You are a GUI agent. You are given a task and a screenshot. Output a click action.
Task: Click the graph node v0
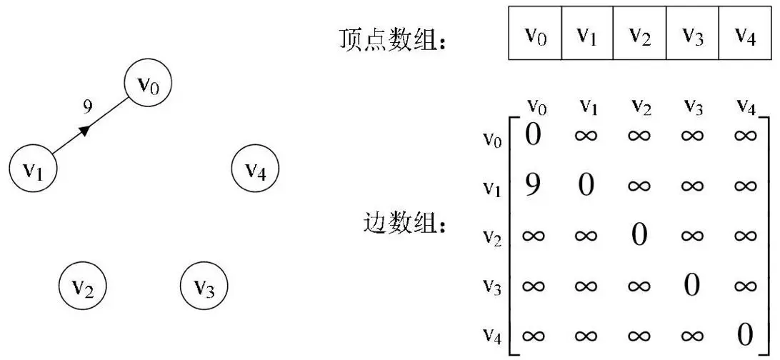coord(149,86)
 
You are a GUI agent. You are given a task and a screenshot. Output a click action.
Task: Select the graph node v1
coord(33,169)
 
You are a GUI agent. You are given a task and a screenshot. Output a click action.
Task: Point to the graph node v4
coord(256,169)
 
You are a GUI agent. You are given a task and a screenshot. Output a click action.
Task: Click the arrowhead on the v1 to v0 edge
coord(85,130)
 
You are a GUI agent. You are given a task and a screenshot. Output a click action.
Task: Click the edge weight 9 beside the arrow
coord(87,107)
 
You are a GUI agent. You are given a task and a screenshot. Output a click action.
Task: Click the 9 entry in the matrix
coord(531,186)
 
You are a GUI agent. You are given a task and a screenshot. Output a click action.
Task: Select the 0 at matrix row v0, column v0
coord(533,135)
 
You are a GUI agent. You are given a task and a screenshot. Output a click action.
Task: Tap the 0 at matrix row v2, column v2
coord(639,235)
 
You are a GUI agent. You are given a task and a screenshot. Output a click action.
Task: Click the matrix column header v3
coord(691,106)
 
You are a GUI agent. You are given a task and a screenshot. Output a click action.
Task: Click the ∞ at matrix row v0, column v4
coord(744,136)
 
